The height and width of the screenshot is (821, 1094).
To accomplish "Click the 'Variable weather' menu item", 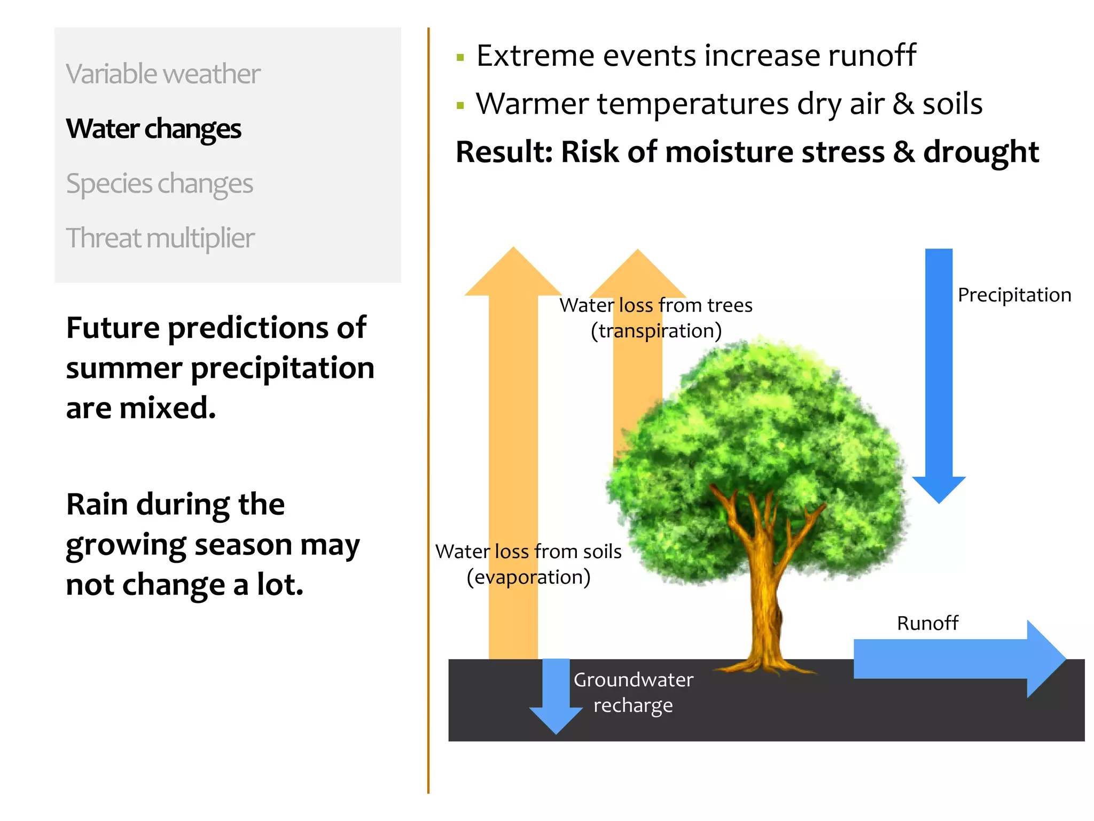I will pos(163,74).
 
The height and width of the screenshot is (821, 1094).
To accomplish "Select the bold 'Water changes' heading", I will pos(153,129).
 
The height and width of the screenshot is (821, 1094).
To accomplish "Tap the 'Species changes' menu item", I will pos(159,184).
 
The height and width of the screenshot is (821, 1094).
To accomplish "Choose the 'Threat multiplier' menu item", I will pos(160,238).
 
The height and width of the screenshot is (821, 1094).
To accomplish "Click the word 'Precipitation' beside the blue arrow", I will pos(1014,295).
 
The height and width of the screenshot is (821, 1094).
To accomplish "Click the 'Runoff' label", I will pos(927,623).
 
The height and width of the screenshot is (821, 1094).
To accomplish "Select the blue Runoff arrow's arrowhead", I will pos(1044,659).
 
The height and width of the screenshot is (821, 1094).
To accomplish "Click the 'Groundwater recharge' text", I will pos(633,693).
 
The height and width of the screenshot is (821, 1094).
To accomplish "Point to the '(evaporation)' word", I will pos(528,578).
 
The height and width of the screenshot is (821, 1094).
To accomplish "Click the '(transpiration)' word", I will pos(656,331).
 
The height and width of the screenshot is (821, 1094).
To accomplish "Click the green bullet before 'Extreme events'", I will pos(460,57).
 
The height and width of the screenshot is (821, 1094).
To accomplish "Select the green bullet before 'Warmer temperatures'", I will pos(460,105).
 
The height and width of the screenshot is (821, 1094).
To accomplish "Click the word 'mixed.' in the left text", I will pos(168,408).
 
